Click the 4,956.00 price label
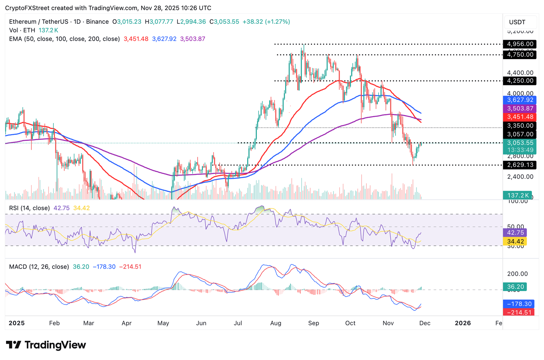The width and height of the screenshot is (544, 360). (520, 44)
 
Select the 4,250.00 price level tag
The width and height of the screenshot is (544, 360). (520, 81)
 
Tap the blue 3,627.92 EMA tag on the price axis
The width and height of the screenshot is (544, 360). (520, 100)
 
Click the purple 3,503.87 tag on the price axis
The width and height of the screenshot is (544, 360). (520, 109)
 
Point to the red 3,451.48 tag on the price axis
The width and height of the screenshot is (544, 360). (520, 117)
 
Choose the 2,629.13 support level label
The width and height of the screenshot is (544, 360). (520, 165)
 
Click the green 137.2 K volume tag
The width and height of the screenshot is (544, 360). (518, 195)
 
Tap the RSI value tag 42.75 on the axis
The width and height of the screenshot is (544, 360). (515, 233)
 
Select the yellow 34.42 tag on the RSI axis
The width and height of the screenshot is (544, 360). (515, 241)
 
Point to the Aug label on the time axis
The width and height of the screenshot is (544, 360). (276, 323)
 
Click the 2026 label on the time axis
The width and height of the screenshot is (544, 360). (463, 323)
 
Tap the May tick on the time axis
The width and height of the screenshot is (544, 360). (163, 323)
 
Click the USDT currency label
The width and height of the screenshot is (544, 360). (517, 22)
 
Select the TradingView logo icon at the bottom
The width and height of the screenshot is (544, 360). (14, 345)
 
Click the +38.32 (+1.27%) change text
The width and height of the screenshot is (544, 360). (266, 22)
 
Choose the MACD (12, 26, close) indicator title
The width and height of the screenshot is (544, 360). (39, 267)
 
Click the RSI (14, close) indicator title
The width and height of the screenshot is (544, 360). (29, 208)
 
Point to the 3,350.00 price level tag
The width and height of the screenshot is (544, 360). (520, 126)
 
